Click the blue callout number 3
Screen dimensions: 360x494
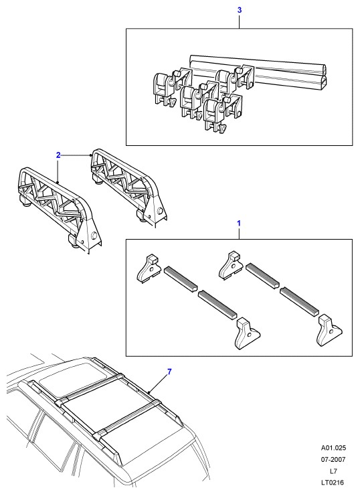pyautogui.click(x=240, y=10)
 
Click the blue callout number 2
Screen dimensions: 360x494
pyautogui.click(x=58, y=155)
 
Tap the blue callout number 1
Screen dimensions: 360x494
pyautogui.click(x=239, y=224)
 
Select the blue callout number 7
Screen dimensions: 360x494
pyautogui.click(x=169, y=372)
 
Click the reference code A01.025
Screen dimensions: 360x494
pyautogui.click(x=333, y=448)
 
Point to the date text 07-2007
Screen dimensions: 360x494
pyautogui.click(x=333, y=459)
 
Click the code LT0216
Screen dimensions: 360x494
pyautogui.click(x=333, y=483)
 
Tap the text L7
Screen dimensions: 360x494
pyautogui.click(x=333, y=471)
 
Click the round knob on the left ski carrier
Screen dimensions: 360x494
pyautogui.click(x=94, y=236)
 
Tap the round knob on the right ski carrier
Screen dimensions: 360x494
pyautogui.click(x=160, y=210)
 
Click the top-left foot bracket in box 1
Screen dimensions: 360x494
pyautogui.click(x=147, y=268)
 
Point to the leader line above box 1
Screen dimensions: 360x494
pyautogui.click(x=239, y=233)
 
